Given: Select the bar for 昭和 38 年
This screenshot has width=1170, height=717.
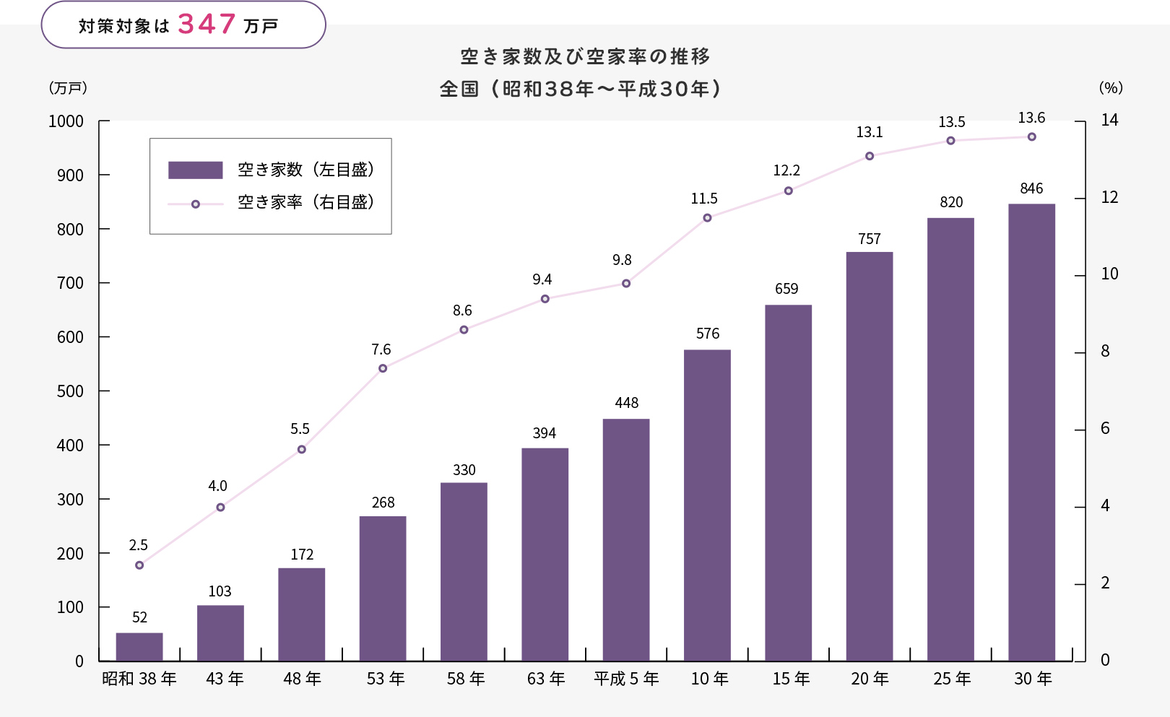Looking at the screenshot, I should [139, 646].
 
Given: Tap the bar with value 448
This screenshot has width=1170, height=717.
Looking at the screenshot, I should [626, 539].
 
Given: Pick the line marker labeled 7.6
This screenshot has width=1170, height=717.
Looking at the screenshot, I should [383, 368].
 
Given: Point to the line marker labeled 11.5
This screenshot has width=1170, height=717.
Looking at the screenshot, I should [707, 218].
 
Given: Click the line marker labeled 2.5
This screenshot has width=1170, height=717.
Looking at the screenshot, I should [139, 565].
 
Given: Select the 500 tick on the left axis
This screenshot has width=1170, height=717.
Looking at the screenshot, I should [70, 391].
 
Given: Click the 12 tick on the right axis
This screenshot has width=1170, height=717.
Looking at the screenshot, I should [1109, 198].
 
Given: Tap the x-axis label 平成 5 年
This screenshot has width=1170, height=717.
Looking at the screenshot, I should [626, 679].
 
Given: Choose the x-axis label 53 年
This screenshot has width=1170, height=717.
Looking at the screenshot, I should [386, 679].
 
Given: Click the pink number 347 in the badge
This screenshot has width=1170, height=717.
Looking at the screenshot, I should [207, 25].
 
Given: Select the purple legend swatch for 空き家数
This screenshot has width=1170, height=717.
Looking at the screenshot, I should [195, 170].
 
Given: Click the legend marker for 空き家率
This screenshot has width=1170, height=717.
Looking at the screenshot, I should [195, 204].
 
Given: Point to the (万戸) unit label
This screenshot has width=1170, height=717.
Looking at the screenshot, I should [68, 88].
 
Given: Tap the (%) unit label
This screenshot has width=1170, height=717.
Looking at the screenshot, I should [1111, 88].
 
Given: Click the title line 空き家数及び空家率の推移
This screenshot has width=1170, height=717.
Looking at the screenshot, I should [585, 56].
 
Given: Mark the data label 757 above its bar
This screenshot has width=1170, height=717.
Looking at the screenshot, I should [870, 239].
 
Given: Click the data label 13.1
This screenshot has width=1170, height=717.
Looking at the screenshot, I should [870, 132].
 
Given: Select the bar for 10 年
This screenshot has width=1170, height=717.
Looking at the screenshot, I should [707, 505].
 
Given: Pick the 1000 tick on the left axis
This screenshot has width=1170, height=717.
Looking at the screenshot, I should [66, 121].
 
